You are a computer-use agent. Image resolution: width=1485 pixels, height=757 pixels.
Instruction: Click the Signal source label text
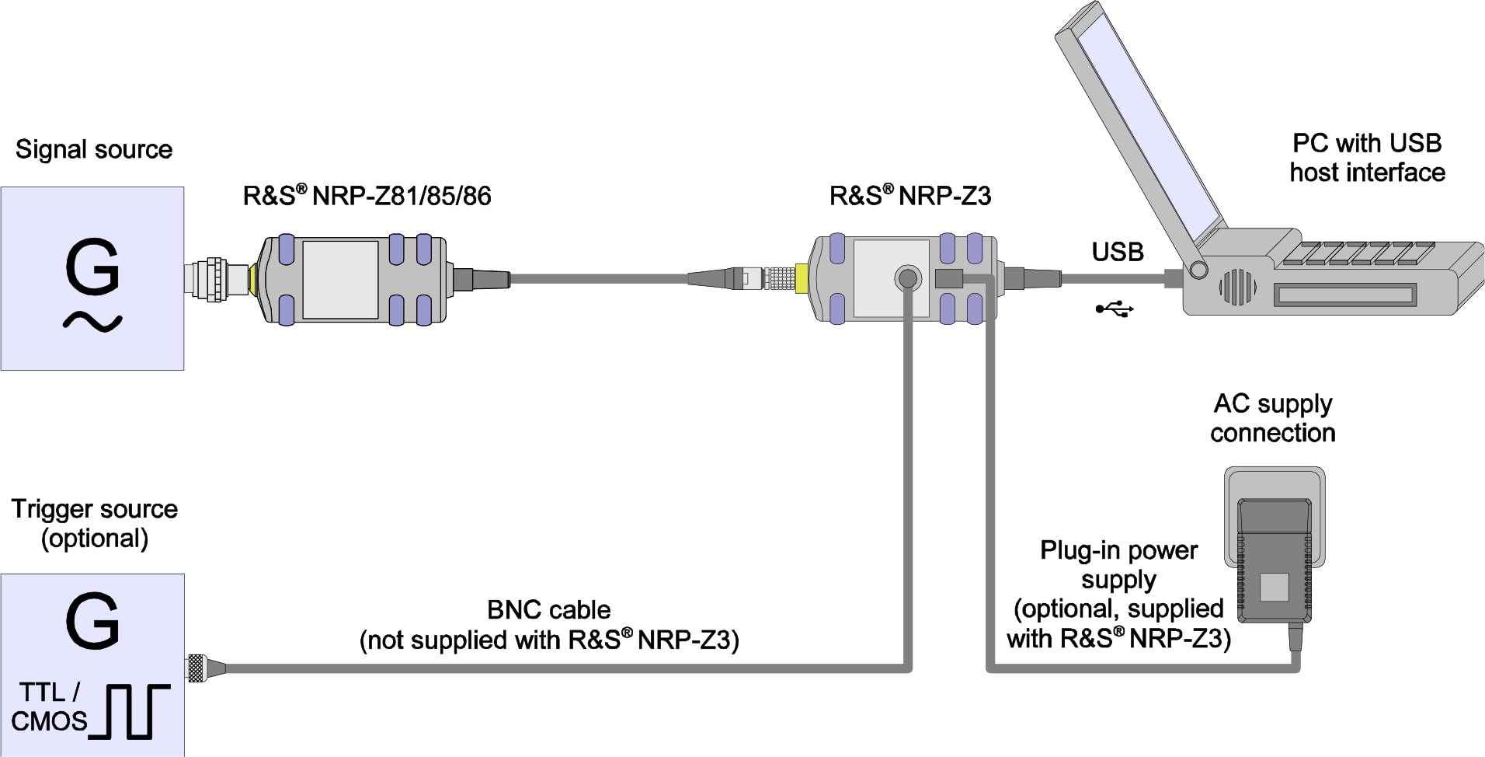pyautogui.click(x=94, y=149)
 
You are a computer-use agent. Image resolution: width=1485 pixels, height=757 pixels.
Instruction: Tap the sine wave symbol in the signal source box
pyautogui.click(x=92, y=321)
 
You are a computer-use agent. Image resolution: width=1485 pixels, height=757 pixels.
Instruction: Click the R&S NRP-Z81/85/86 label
pyautogui.click(x=367, y=196)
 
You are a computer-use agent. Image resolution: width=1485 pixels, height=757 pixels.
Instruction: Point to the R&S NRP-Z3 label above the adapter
pyautogui.click(x=910, y=196)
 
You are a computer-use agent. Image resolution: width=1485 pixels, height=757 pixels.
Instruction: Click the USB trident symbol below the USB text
pyautogui.click(x=1115, y=309)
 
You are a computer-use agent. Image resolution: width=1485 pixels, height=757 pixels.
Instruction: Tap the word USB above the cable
pyautogui.click(x=1117, y=252)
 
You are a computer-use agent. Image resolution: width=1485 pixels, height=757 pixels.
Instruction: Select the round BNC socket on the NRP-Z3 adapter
pyautogui.click(x=907, y=277)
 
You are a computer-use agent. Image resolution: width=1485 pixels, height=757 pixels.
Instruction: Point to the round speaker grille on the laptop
pyautogui.click(x=1237, y=288)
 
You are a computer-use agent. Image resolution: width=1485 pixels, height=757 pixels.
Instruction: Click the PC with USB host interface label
pyautogui.click(x=1367, y=158)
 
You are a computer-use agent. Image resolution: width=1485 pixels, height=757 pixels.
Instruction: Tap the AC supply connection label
pyautogui.click(x=1272, y=418)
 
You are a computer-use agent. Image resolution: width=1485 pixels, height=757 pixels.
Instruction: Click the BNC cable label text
pyautogui.click(x=548, y=625)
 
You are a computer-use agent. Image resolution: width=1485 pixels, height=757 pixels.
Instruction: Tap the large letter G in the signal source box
pyautogui.click(x=92, y=267)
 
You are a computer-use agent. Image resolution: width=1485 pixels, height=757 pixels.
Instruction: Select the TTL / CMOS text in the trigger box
pyautogui.click(x=49, y=706)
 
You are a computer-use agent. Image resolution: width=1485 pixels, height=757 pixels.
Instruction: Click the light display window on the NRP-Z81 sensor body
pyautogui.click(x=340, y=279)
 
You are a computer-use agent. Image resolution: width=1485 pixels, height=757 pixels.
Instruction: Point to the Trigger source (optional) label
pyautogui.click(x=94, y=523)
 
